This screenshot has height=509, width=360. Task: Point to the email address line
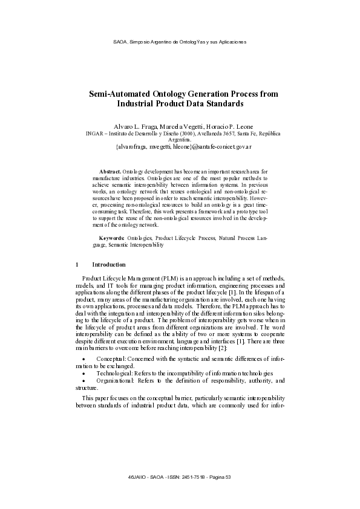pos(180,146)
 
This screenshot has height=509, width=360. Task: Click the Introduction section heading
pos(109,265)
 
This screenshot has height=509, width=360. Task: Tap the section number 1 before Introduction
pos(77,265)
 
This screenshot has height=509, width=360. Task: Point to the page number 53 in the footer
pos(228,478)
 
